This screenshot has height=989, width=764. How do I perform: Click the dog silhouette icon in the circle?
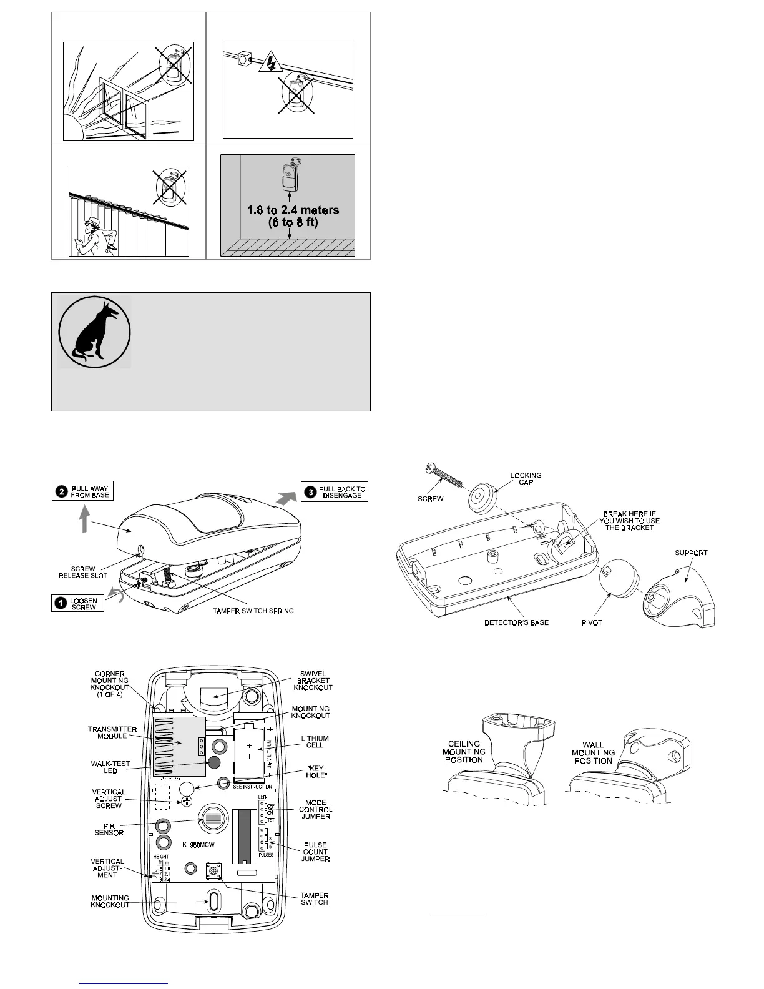click(x=94, y=332)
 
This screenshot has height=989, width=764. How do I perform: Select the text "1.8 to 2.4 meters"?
click(x=293, y=210)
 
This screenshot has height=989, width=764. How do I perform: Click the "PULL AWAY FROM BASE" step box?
click(x=83, y=491)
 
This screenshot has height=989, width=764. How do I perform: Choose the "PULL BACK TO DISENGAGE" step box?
click(x=335, y=492)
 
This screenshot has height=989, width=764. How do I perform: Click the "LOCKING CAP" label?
click(x=526, y=479)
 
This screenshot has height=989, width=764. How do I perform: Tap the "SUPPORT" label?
click(x=691, y=553)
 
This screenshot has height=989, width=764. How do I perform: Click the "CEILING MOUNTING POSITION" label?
click(x=463, y=752)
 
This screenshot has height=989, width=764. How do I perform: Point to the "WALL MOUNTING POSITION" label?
click(x=593, y=752)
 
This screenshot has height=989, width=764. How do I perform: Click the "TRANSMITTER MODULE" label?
click(x=107, y=732)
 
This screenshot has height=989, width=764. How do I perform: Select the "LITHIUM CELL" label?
click(x=315, y=742)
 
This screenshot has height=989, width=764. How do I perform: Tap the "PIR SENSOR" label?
click(x=109, y=829)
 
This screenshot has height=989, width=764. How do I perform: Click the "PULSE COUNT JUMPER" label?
click(x=315, y=852)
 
